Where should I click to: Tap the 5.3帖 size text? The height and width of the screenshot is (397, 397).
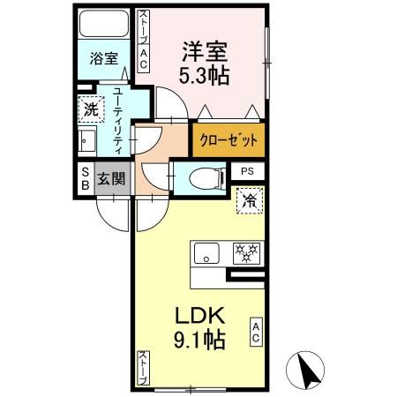(207, 76)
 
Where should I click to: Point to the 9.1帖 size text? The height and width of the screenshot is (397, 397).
(201, 339)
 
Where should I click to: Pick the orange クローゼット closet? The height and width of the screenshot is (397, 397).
(228, 140)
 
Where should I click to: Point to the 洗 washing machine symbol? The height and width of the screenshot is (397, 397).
(90, 111)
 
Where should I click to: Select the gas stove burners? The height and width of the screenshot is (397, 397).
(246, 253)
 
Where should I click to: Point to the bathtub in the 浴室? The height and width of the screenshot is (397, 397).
(105, 28)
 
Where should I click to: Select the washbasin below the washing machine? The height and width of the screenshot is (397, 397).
(88, 141)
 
